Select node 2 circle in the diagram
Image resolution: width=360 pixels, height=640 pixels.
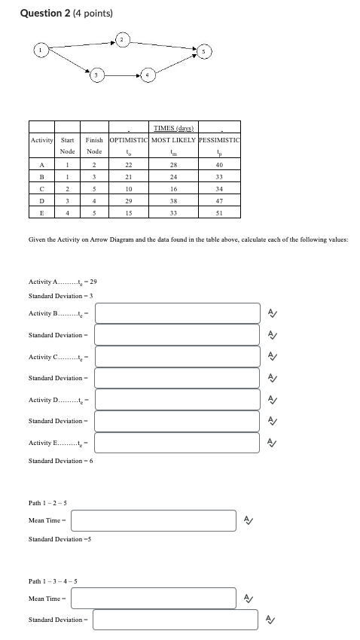tap(122, 38)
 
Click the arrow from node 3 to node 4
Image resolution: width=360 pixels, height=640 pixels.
tap(122, 75)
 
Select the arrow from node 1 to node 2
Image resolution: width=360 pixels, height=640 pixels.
tap(80, 44)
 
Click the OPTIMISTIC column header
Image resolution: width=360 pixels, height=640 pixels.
tap(129, 140)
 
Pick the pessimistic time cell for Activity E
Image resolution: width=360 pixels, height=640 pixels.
tap(218, 212)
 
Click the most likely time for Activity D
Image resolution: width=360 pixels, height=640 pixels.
tap(173, 200)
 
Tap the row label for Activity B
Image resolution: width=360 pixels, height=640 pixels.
tap(42, 176)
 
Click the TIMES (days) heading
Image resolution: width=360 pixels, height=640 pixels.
tap(173, 128)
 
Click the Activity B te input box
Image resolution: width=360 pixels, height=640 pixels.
tap(177, 312)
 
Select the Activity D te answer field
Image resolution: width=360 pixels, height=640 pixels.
tap(177, 399)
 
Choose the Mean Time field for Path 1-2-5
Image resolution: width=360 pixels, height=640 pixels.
tap(154, 520)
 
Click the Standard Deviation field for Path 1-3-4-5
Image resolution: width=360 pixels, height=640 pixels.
tap(177, 620)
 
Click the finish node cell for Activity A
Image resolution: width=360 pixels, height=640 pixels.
tap(93, 164)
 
